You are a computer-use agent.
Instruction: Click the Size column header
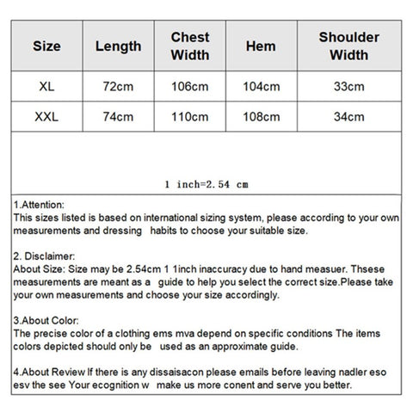pos(46,46)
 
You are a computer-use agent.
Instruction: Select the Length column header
pos(118,46)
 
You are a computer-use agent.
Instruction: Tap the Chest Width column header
pos(190,46)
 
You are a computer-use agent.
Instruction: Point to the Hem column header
pos(261,46)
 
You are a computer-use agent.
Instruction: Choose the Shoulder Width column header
pos(348,46)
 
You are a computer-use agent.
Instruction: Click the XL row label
pos(46,86)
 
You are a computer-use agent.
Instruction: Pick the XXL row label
pos(46,115)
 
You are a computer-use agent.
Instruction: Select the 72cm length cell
pos(118,86)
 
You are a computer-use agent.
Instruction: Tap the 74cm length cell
pos(118,115)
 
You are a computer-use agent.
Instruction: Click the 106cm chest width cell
pos(190,86)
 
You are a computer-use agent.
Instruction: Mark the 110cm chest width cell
pos(190,115)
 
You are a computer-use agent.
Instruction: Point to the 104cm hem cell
pos(261,86)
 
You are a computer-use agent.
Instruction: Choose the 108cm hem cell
pos(261,115)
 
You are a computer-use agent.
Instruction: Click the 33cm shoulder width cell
pos(348,86)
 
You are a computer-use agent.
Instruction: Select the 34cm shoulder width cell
pos(348,115)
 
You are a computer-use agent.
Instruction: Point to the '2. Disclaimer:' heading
pos(45,256)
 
